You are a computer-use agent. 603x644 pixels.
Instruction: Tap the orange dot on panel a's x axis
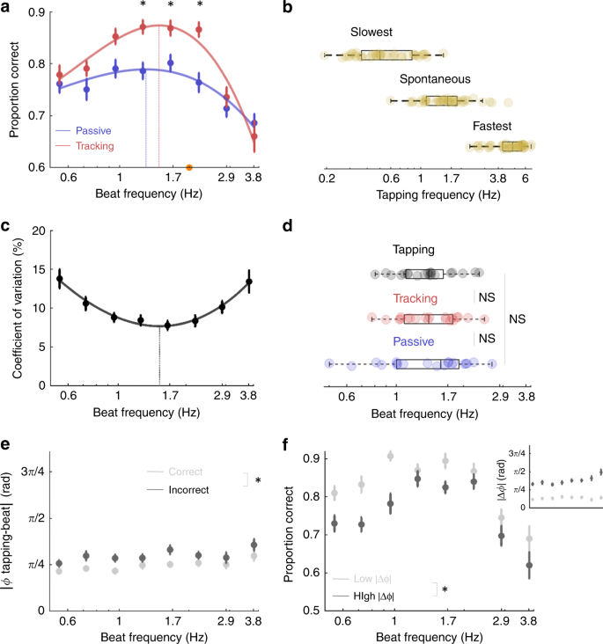click(189, 167)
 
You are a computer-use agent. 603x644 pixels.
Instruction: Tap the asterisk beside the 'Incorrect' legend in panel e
click(257, 480)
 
